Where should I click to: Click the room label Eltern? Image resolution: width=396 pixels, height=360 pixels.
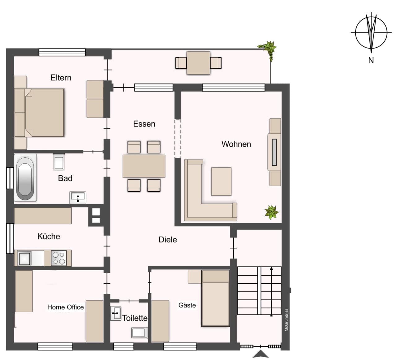[61, 78]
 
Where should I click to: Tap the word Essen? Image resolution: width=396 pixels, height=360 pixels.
[144, 124]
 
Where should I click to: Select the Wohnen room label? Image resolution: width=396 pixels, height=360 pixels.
[236, 144]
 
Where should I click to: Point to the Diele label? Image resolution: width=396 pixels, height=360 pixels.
[168, 240]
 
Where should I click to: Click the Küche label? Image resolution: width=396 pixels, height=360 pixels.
[49, 236]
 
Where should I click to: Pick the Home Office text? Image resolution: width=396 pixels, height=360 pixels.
[66, 307]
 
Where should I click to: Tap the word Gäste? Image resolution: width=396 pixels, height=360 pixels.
[187, 305]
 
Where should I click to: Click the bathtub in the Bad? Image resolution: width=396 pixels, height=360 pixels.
[25, 178]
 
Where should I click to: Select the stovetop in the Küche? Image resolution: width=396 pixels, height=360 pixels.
[59, 258]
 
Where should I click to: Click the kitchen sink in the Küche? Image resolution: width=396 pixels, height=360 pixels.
[24, 258]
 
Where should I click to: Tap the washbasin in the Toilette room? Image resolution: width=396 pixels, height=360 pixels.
[116, 313]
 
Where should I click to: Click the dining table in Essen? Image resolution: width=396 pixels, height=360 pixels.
[144, 166]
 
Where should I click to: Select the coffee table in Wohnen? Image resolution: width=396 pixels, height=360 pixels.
[221, 182]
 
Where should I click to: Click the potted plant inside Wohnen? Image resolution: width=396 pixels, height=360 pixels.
[272, 212]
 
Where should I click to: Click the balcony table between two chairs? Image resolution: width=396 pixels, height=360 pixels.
[198, 63]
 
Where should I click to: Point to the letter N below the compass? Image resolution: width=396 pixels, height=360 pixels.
[371, 60]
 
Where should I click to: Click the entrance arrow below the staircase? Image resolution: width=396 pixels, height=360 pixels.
[260, 354]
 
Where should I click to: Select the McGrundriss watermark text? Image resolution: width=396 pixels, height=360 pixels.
[286, 320]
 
